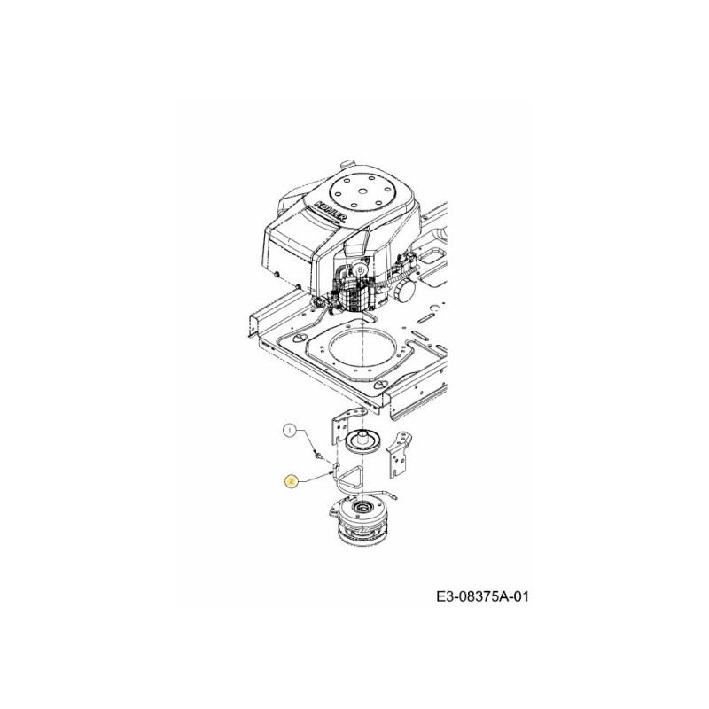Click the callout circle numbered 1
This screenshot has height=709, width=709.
point(288,431)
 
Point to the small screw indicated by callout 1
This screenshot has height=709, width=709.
point(316,456)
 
